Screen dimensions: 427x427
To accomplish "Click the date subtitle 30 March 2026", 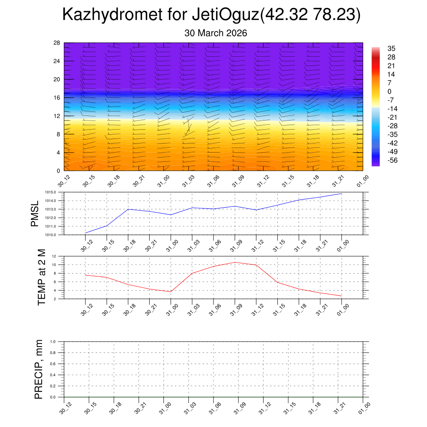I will pos(216,33).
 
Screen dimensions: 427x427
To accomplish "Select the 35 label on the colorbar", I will pos(391,48).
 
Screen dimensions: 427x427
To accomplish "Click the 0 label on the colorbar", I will pos(389,91).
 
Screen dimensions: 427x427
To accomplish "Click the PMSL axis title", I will pos(35,213).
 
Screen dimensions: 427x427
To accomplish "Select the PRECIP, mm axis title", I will pos(39,369).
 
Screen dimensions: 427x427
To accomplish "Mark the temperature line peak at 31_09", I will pos(235,262).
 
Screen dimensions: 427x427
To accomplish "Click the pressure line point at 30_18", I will pos(128,209).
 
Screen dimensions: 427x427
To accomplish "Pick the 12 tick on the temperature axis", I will pos(54,256).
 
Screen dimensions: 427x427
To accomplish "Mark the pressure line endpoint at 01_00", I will pos(342,193).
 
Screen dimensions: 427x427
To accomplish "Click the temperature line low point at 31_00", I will pos(171,291).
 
